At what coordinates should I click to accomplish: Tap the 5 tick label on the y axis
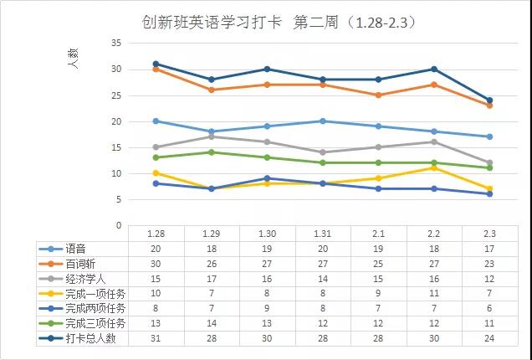[119, 199]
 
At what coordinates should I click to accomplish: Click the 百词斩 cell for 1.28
[156, 264]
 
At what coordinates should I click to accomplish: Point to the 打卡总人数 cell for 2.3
[489, 339]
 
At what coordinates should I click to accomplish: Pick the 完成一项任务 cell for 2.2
[433, 294]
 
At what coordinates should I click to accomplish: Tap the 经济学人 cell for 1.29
[212, 279]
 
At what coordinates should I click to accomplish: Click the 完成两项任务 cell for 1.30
[267, 309]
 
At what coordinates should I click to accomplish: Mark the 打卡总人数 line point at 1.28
[156, 64]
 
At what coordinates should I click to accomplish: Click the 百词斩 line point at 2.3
[489, 105]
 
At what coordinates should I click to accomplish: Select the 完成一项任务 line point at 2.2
[433, 167]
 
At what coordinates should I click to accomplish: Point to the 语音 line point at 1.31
[322, 121]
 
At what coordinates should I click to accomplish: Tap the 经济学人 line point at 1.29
[212, 136]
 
